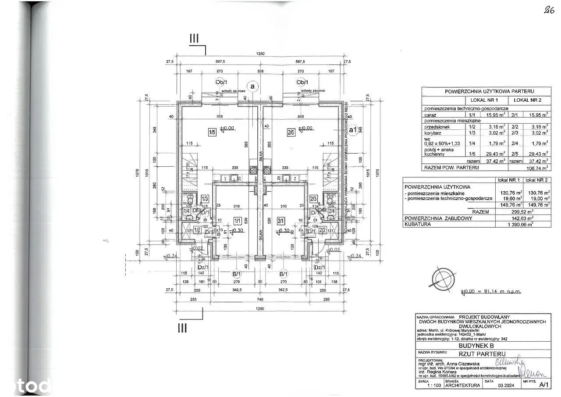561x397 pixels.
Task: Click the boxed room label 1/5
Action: [212, 131]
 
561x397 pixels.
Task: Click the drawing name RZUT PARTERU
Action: [482, 354]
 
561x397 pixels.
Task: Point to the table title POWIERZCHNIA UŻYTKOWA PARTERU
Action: [486, 91]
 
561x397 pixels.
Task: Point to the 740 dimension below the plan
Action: [259, 299]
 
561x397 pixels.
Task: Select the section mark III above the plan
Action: [194, 39]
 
